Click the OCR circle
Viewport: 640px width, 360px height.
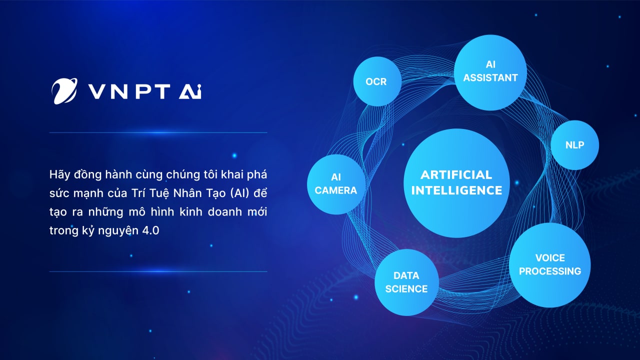(377, 81)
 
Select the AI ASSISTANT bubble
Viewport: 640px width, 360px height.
(490, 72)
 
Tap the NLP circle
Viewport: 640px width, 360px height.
(574, 145)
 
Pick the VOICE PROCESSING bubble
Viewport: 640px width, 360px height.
(549, 264)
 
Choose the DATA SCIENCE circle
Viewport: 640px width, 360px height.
(406, 282)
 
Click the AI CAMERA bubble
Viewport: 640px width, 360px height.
(335, 184)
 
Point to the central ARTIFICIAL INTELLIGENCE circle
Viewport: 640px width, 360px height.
(456, 182)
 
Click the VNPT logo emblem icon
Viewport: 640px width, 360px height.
(64, 91)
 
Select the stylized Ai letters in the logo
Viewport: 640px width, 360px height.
(190, 91)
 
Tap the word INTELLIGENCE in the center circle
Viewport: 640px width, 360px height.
(456, 190)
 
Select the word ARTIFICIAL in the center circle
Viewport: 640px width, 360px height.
(456, 175)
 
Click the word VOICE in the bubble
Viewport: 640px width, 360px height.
(550, 258)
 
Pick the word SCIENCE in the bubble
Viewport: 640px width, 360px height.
(406, 289)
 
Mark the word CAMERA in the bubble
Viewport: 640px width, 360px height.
(336, 190)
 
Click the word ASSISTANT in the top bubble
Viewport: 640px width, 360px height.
(490, 78)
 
